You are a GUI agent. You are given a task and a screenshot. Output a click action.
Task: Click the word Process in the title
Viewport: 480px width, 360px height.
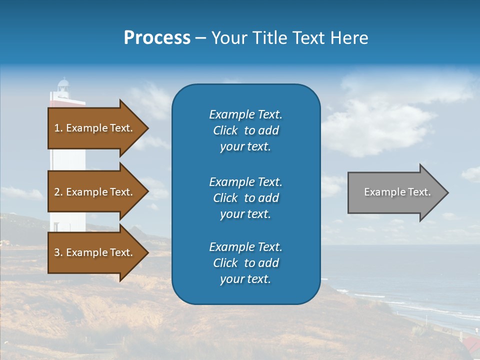pyautogui.click(x=157, y=38)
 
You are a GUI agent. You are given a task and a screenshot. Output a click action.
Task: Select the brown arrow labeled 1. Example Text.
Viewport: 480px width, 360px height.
pyautogui.click(x=95, y=128)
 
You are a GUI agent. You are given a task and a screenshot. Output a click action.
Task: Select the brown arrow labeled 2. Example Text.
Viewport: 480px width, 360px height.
pyautogui.click(x=95, y=192)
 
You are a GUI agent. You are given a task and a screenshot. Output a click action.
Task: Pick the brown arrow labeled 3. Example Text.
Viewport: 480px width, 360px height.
pyautogui.click(x=95, y=252)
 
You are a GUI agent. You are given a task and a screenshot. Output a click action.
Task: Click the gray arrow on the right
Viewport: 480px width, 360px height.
pyautogui.click(x=395, y=192)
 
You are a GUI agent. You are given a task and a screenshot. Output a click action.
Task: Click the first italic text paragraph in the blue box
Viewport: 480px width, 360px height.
pyautogui.click(x=245, y=130)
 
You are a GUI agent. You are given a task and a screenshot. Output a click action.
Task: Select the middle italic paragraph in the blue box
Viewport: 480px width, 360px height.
pyautogui.click(x=245, y=198)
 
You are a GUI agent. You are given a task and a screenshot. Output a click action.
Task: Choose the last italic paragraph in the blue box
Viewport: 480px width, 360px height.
pyautogui.click(x=245, y=263)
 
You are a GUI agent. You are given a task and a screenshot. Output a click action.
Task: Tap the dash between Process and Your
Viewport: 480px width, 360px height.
pyautogui.click(x=200, y=38)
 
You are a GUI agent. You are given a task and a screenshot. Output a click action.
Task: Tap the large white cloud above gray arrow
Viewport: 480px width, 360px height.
pyautogui.click(x=380, y=125)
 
